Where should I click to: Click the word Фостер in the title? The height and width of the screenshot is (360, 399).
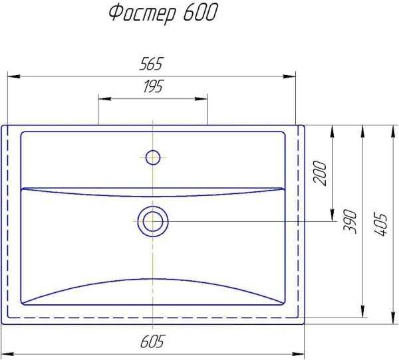pos(140,15)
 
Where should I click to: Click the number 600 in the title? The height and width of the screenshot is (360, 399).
pos(198,14)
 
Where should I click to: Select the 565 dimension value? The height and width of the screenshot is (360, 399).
pos(151,64)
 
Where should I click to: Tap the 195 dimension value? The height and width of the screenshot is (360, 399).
pos(152,86)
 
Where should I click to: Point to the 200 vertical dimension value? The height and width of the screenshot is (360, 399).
pos(321,173)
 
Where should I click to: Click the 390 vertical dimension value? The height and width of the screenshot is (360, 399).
pos(350,221)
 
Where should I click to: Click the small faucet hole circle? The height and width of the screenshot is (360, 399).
pos(152,157)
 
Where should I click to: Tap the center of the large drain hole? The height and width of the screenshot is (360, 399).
pos(152,221)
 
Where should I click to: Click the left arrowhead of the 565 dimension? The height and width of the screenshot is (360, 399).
pos(12,75)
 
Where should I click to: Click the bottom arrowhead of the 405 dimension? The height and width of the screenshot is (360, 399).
pos(392,320)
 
